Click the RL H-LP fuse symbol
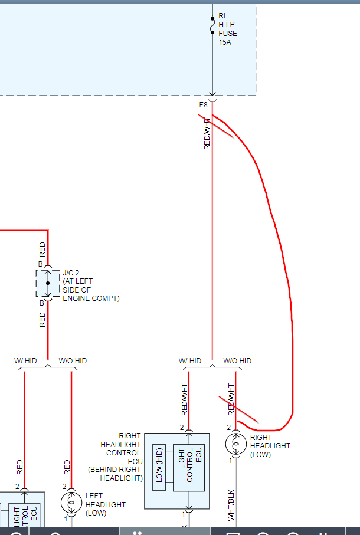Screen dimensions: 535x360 click(212, 25)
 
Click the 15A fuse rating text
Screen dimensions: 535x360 click(224, 43)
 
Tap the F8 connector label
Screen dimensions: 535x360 click(203, 105)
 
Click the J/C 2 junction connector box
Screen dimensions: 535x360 click(48, 284)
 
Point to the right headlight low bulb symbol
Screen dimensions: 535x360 click(235, 442)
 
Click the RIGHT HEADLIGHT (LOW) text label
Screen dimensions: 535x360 click(270, 446)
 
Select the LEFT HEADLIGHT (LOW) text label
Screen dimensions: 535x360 click(105, 505)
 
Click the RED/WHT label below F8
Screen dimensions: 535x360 click(207, 134)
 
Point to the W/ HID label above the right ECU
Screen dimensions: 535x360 click(190, 361)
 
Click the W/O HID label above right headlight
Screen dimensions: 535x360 click(237, 361)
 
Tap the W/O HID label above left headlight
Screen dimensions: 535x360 click(73, 361)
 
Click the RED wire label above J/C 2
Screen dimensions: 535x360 click(42, 249)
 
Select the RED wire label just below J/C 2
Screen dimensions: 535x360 click(42, 320)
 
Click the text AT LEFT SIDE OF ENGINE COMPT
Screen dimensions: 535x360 click(91, 290)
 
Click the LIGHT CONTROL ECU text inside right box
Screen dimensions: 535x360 click(190, 465)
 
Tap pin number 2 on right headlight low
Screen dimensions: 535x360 click(229, 427)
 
